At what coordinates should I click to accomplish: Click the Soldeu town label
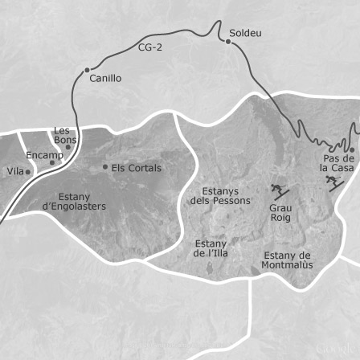(245, 33)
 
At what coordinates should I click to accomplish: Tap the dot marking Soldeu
(228, 41)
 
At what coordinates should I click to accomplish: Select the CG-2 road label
(150, 47)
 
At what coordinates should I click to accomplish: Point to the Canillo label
(105, 79)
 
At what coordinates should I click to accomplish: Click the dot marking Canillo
(87, 70)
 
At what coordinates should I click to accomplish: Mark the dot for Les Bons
(68, 147)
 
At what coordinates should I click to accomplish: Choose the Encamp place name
(43, 155)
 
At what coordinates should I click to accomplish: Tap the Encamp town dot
(52, 162)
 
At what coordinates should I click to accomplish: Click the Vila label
(15, 171)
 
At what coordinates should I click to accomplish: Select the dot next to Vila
(28, 171)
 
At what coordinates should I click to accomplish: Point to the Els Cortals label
(136, 168)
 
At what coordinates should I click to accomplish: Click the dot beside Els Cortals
(104, 167)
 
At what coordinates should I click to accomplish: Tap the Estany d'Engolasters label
(73, 201)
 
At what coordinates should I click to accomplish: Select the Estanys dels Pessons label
(219, 195)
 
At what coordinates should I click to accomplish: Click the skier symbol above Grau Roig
(279, 191)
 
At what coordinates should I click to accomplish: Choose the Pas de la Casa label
(337, 163)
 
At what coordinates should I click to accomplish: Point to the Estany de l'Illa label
(211, 247)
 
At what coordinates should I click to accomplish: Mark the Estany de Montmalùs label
(286, 260)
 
